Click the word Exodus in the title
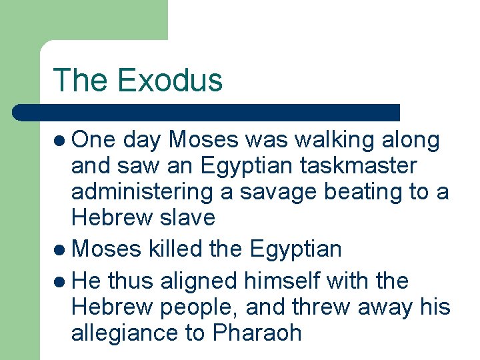point(169,80)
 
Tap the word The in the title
point(81,80)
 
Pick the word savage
point(277,192)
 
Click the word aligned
point(196,281)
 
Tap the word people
point(199,307)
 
